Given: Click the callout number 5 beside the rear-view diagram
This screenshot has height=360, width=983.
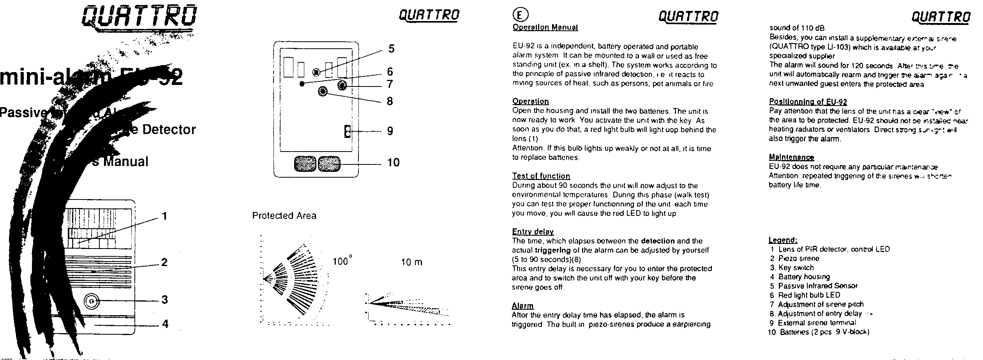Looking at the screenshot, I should point(391,49).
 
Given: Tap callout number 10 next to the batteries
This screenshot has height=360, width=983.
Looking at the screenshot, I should point(393,162).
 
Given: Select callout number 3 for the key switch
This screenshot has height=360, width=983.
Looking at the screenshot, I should point(165,300).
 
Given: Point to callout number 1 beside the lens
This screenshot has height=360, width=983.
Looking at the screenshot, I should point(164,216).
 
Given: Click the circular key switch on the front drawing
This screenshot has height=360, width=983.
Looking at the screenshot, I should point(92,301).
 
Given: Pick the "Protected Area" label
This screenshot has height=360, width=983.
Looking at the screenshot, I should point(284,216).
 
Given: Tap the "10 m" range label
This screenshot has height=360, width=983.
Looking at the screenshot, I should point(411,262).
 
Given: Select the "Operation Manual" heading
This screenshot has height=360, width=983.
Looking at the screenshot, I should point(545,28).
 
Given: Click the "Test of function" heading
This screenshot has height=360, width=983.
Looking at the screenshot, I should point(541,176).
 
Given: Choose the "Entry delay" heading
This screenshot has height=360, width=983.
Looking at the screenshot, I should point(533,232).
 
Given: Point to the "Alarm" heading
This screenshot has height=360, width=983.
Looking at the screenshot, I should point(522,306).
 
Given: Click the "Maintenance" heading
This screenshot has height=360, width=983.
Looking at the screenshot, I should point(791,157).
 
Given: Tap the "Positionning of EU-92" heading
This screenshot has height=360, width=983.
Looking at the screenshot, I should point(808,102).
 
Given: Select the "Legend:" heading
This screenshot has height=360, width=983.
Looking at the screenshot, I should point(783,240).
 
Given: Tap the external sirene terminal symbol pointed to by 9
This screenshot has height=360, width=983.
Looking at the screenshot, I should point(346,131).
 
